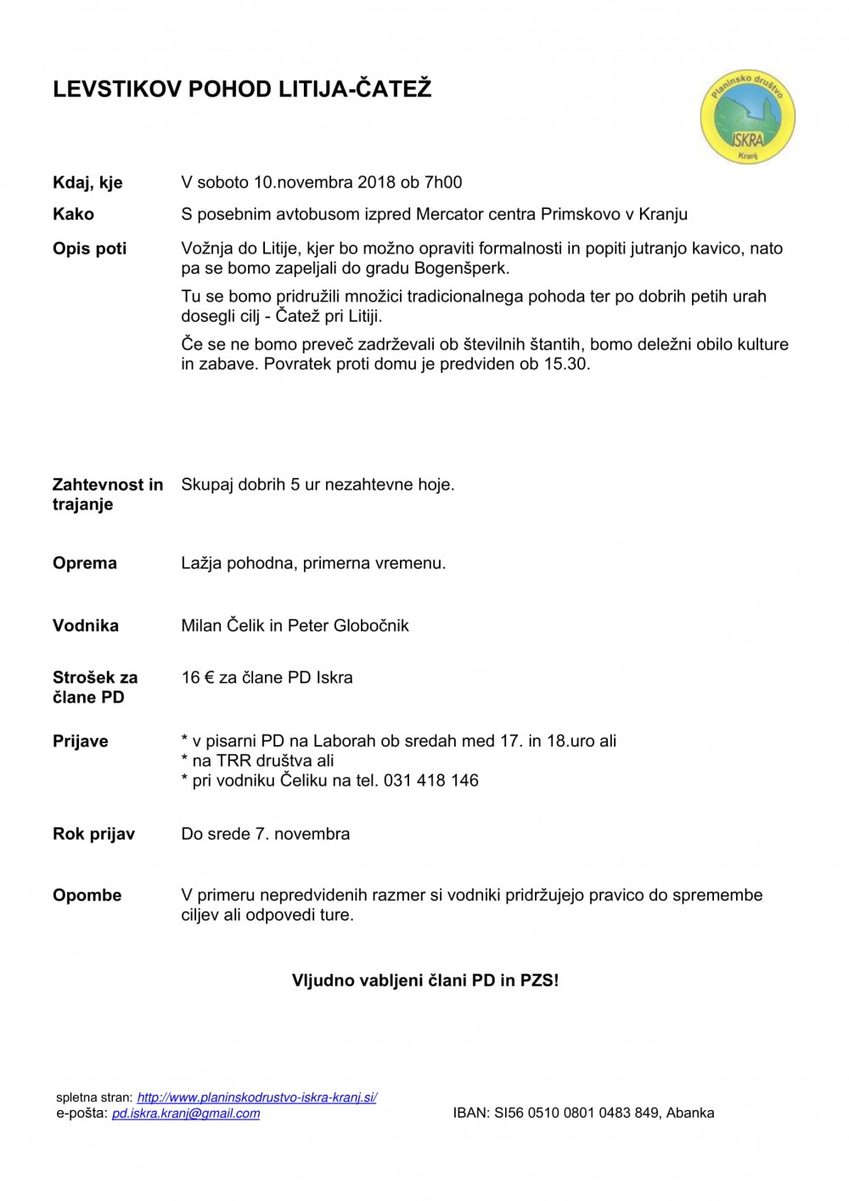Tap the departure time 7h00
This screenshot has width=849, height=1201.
pyautogui.click(x=443, y=182)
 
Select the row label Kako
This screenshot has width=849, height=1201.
pyautogui.click(x=73, y=214)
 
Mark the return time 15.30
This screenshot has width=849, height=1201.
pyautogui.click(x=566, y=364)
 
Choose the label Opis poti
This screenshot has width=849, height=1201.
pyautogui.click(x=89, y=249)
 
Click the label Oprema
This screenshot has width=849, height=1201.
pyautogui.click(x=85, y=563)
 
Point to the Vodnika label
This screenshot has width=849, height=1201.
pyautogui.click(x=86, y=626)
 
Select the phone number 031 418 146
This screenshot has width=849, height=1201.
pyautogui.click(x=430, y=781)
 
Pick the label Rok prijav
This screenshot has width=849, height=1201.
pyautogui.click(x=93, y=834)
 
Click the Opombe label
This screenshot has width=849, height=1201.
pyautogui.click(x=87, y=895)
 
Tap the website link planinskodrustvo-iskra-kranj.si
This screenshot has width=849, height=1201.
pyautogui.click(x=256, y=1097)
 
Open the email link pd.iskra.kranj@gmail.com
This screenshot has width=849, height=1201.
pyautogui.click(x=186, y=1114)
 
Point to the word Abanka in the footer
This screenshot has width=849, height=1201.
pyautogui.click(x=690, y=1113)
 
